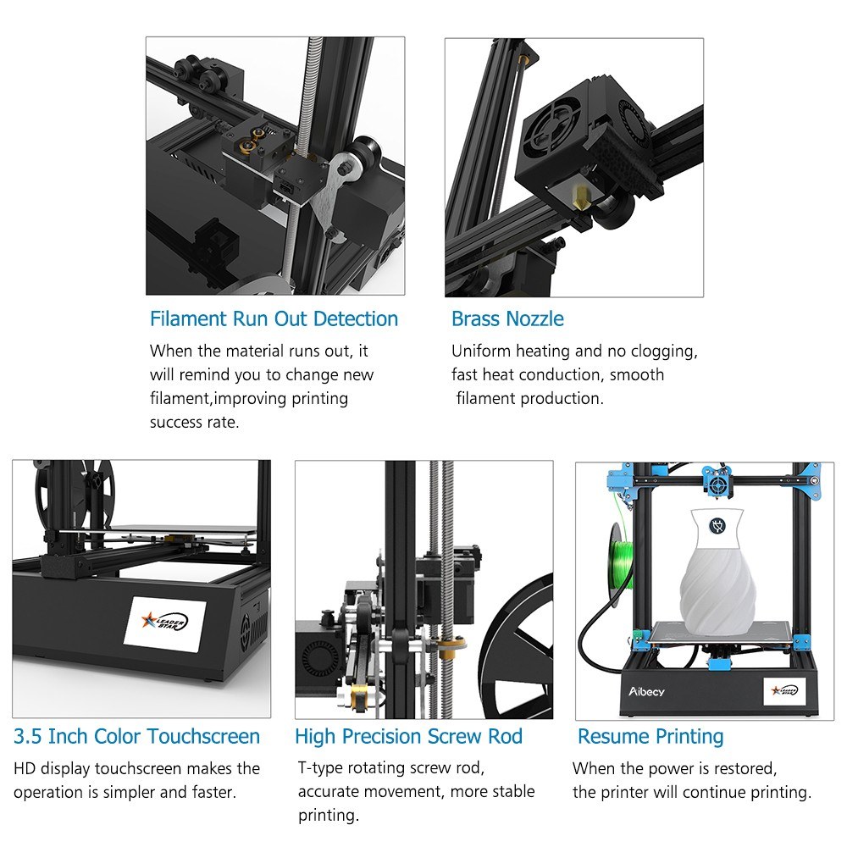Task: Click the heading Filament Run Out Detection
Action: (274, 319)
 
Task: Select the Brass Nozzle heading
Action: (507, 318)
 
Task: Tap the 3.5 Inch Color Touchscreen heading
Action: (136, 736)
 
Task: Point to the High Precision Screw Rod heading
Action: (408, 737)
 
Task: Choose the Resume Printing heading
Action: (650, 737)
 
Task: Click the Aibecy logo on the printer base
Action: (646, 691)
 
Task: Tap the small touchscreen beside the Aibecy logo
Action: (784, 691)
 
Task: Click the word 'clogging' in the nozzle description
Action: (664, 352)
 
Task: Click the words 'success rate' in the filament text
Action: (195, 422)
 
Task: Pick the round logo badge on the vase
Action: (717, 526)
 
